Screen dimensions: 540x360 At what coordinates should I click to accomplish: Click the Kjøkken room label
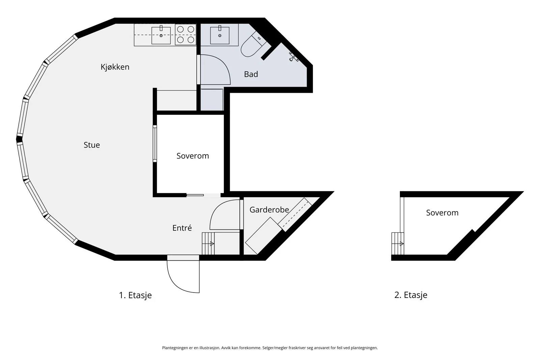point(115,67)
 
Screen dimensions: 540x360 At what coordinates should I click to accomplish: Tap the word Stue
point(91,145)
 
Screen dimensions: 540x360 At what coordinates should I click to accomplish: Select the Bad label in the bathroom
point(251,74)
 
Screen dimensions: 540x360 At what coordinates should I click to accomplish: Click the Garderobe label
point(269,210)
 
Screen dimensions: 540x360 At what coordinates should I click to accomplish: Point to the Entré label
point(182,228)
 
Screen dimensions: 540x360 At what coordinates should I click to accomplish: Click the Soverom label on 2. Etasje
point(442,213)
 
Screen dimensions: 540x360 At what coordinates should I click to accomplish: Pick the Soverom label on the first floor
point(193,156)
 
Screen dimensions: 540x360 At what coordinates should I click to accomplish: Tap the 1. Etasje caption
point(135,295)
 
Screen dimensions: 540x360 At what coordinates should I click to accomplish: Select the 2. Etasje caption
point(411,295)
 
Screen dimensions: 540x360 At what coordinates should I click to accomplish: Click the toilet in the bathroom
point(253,45)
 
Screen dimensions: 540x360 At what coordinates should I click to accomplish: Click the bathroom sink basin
point(220,35)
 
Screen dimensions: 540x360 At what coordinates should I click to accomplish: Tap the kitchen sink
point(161,35)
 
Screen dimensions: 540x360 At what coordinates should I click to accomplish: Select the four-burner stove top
point(185,34)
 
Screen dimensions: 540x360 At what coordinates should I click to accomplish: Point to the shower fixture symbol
point(294,57)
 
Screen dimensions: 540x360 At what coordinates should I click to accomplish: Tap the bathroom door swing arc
point(215,70)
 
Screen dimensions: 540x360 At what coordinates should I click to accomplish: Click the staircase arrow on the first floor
point(212,244)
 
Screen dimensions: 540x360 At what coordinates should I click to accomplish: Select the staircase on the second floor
point(398,244)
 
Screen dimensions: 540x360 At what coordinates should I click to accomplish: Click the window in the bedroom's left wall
point(155,144)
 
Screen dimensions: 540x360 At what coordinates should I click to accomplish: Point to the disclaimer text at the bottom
point(270,348)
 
